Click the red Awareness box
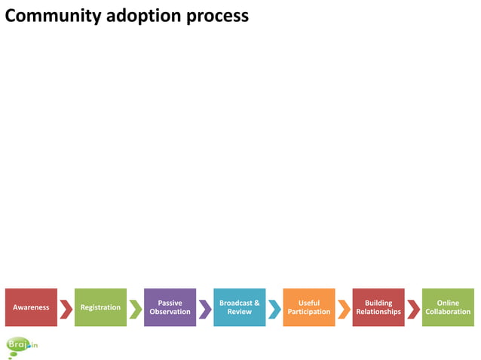(x=31, y=307)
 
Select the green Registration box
(x=100, y=307)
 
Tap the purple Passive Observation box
(x=170, y=307)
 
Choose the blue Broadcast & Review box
(x=239, y=307)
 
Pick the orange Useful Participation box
(x=308, y=307)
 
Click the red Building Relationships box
(x=378, y=307)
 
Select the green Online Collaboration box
(x=448, y=307)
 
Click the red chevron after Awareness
(x=66, y=309)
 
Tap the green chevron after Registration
(x=136, y=309)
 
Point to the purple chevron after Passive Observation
(x=205, y=309)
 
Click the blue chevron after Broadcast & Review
(x=274, y=309)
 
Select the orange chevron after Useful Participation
(x=344, y=309)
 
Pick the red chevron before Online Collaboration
(x=413, y=309)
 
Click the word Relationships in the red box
(x=378, y=312)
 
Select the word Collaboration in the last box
(x=448, y=312)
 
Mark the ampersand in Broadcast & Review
(x=256, y=303)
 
